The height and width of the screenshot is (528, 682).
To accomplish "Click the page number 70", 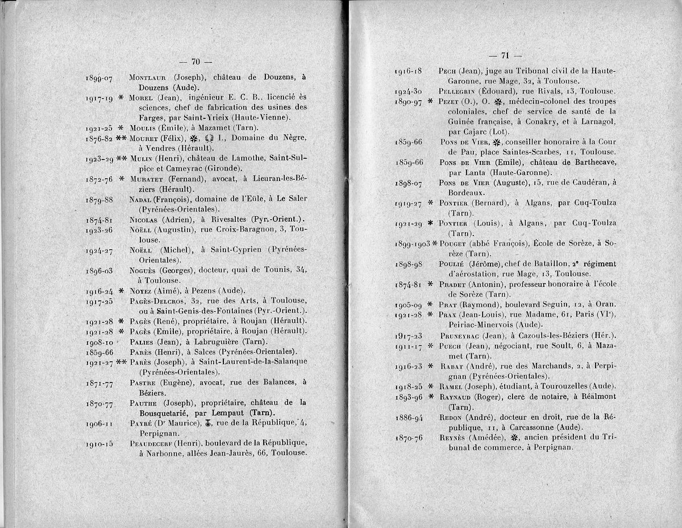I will pos(195,61).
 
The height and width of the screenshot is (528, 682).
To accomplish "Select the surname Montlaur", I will pos(149,77).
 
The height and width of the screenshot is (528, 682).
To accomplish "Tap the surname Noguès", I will pos(143,270).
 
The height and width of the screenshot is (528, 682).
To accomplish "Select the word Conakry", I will pos(544,131).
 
